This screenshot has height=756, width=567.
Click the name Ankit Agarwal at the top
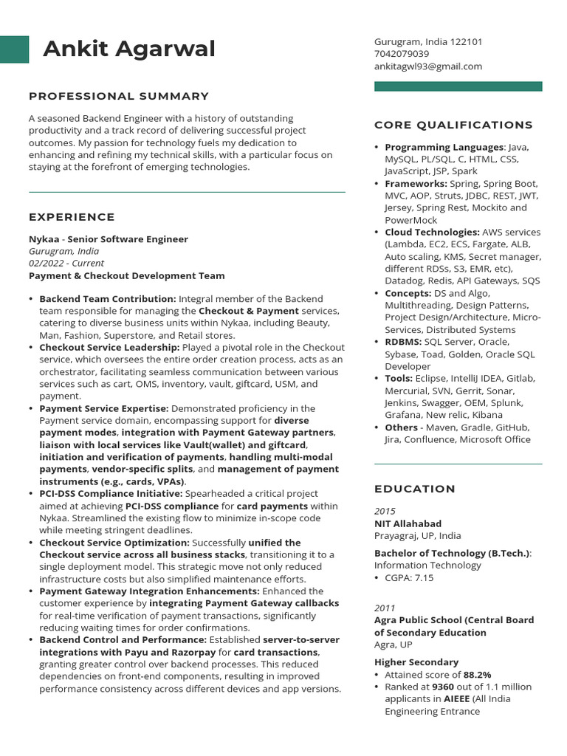point(129,49)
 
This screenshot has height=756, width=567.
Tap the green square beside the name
point(15,49)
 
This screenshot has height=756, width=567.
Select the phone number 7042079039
point(401,54)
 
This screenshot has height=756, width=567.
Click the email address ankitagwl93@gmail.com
point(428,66)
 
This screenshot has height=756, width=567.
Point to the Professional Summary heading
point(119,96)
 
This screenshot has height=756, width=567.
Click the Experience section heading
point(72,217)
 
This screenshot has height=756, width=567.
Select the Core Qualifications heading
point(453,125)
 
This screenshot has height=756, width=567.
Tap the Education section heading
point(415,489)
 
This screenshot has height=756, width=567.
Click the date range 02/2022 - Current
point(66,264)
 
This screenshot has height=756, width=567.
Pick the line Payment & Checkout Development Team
point(126,276)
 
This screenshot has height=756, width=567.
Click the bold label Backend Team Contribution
point(107,299)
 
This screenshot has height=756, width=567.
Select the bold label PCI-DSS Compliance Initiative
point(110,494)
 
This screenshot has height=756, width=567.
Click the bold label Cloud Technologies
point(432,233)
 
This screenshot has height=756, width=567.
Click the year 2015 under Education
point(385,512)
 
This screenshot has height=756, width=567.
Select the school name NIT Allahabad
point(408,524)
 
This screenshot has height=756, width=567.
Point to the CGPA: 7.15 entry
point(409,578)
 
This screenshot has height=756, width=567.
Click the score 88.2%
point(477,675)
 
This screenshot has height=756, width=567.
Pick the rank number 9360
point(443,687)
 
